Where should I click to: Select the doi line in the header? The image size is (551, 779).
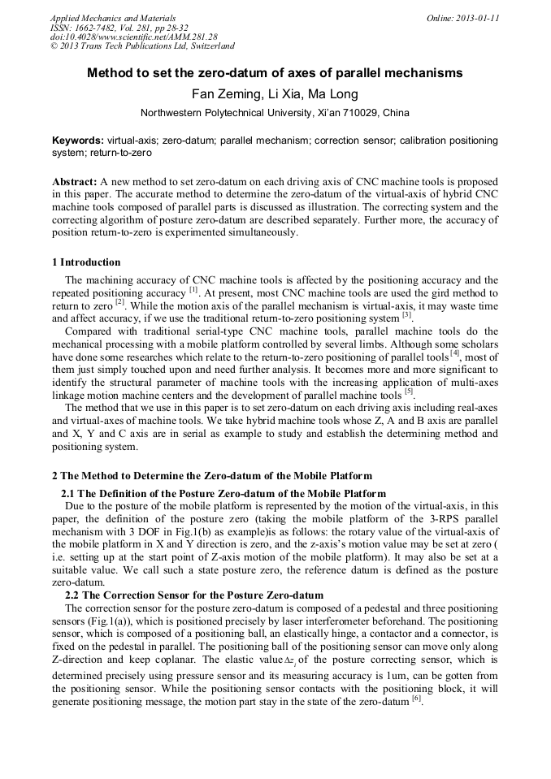click(x=134, y=37)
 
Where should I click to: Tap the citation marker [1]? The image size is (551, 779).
click(x=193, y=290)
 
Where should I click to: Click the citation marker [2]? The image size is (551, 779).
click(x=119, y=302)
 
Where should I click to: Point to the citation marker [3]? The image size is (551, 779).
click(x=407, y=314)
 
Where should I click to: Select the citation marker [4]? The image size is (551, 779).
click(x=456, y=354)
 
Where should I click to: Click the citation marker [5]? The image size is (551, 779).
click(x=410, y=393)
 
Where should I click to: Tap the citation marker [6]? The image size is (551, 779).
click(x=417, y=699)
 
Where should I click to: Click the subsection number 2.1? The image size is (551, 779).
click(x=69, y=493)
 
